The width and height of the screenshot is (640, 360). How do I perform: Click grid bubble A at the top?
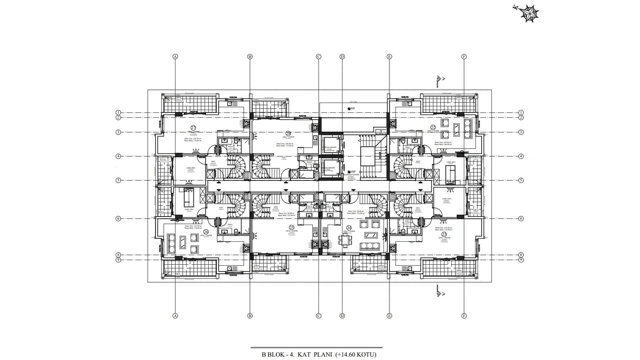pyautogui.click(x=175, y=57)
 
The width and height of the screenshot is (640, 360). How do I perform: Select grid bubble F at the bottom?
pyautogui.click(x=464, y=316)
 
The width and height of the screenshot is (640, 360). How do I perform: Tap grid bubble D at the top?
pyautogui.click(x=342, y=57)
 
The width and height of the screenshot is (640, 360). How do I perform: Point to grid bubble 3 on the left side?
pyautogui.click(x=118, y=132)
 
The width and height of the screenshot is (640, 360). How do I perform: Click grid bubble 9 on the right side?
pyautogui.click(x=521, y=260)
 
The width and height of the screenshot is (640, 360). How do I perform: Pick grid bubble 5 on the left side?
pyautogui.click(x=118, y=180)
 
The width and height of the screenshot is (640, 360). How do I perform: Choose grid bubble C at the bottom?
pyautogui.click(x=318, y=316)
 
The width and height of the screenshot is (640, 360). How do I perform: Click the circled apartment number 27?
pyautogui.click(x=193, y=127)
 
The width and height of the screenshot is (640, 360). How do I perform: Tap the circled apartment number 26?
pyautogui.click(x=206, y=232)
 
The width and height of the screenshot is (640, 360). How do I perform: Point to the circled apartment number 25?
pyautogui.click(x=292, y=228)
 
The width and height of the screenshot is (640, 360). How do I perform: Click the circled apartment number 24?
pyautogui.click(x=349, y=228)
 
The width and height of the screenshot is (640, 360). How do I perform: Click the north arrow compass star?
pyautogui.click(x=529, y=14)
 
